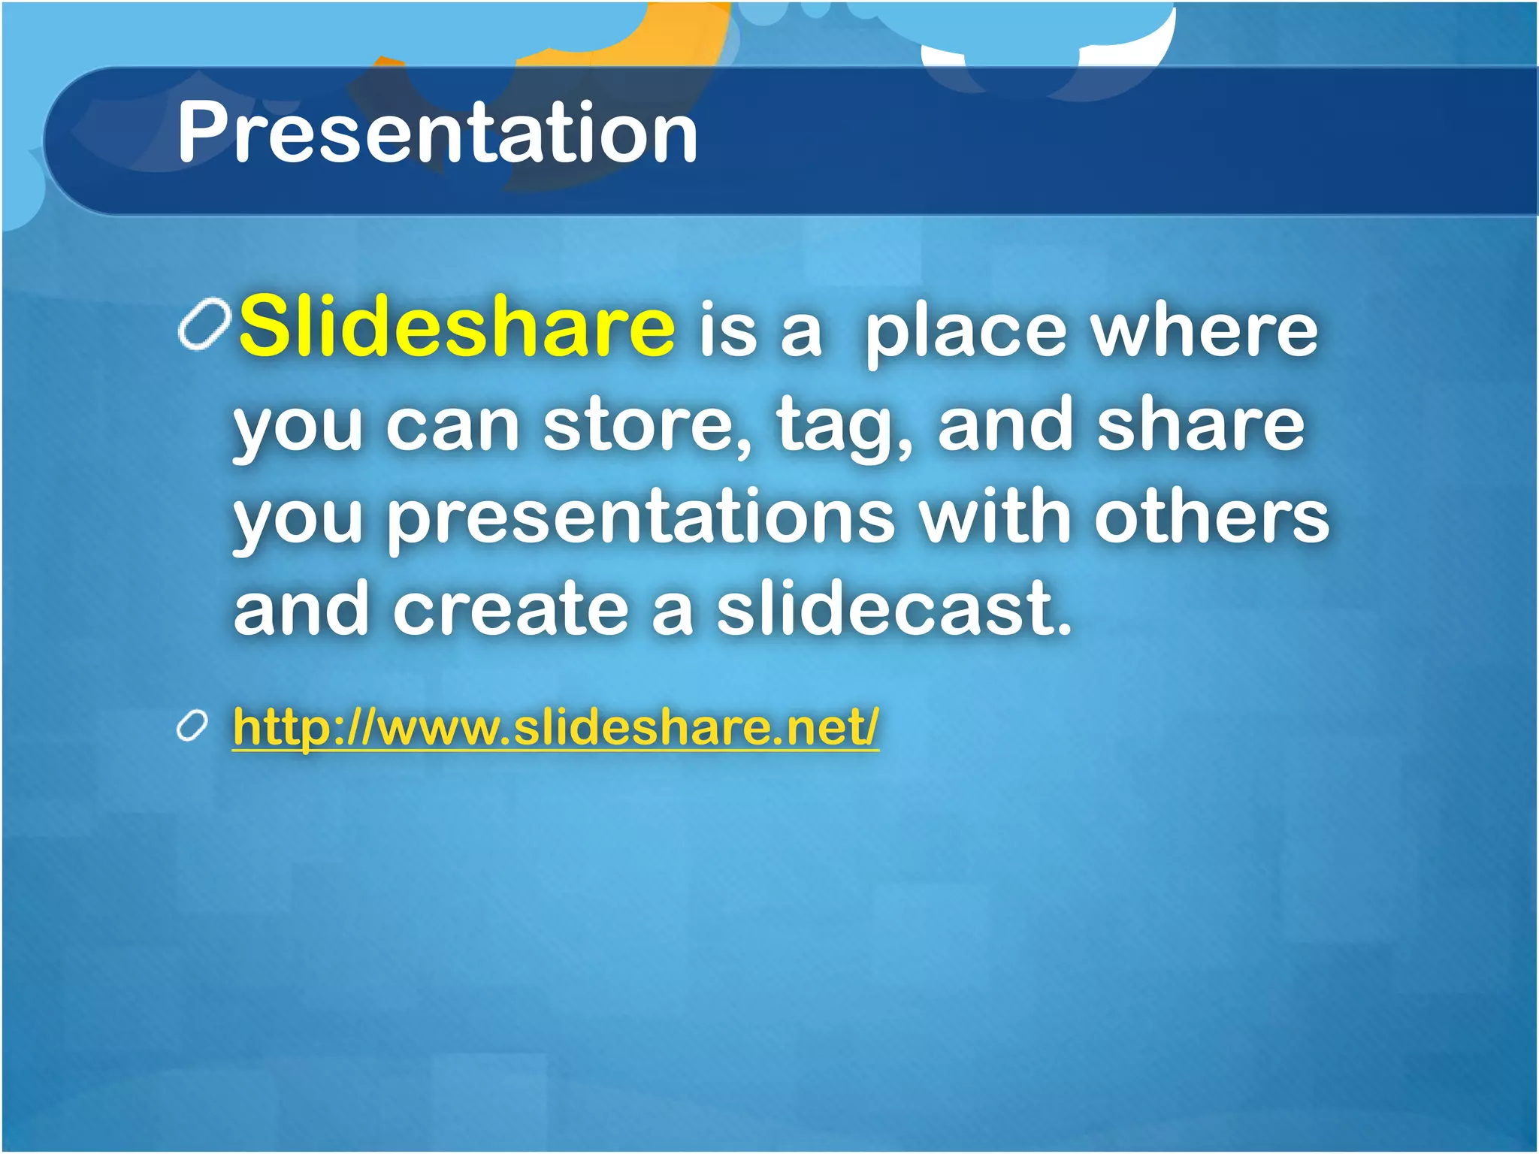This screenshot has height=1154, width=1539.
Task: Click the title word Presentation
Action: coord(437,134)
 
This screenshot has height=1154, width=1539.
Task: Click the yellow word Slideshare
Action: coord(457,328)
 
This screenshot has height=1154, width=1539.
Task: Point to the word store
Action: coord(646,426)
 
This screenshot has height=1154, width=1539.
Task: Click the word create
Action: coord(510,610)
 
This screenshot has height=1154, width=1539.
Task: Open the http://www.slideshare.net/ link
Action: coord(555,727)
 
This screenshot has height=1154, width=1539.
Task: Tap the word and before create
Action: coord(301,610)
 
